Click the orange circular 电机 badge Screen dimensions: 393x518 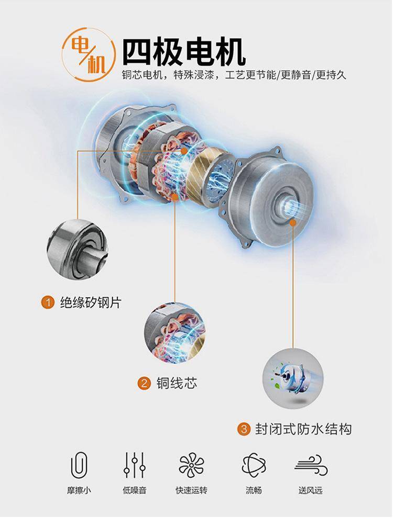click(89, 54)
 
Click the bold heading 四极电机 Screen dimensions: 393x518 click(184, 52)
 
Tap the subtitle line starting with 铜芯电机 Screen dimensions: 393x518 click(234, 75)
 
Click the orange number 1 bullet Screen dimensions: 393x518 click(48, 302)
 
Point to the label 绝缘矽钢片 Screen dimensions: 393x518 click(91, 302)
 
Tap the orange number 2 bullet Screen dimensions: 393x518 click(144, 383)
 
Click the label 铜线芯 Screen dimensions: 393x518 click(177, 383)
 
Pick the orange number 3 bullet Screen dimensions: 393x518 click(244, 429)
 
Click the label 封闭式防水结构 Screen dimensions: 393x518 click(303, 429)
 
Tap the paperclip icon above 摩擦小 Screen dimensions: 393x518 click(79, 465)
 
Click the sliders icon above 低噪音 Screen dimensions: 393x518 click(135, 465)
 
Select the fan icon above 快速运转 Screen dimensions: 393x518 click(191, 465)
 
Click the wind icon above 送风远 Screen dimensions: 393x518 click(311, 465)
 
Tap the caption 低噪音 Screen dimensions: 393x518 click(135, 490)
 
